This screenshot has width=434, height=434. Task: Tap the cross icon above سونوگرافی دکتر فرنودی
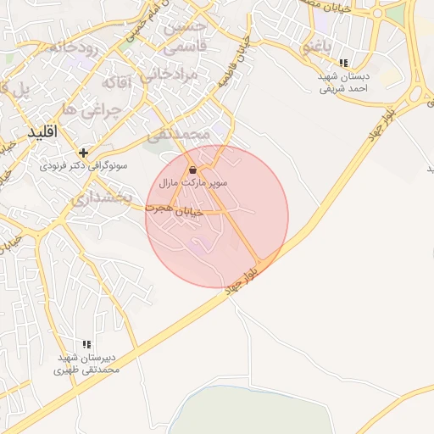(83, 153)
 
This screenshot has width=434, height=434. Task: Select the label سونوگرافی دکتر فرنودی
(83, 167)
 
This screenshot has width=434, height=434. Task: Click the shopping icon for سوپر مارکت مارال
(193, 169)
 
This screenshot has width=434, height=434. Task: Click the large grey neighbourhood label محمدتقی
(178, 134)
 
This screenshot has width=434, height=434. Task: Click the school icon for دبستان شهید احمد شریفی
(343, 63)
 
